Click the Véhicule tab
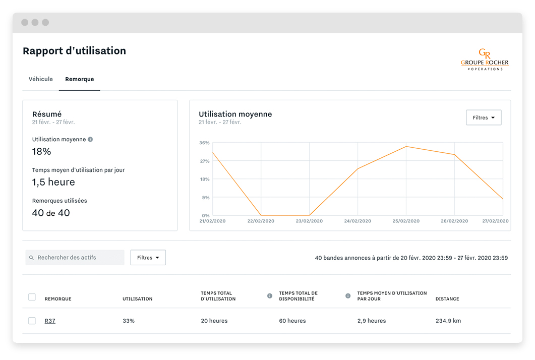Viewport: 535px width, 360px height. click(40, 79)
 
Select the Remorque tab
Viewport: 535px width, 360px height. click(80, 79)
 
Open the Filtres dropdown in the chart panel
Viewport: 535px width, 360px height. click(484, 117)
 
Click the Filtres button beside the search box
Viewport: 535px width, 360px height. click(148, 258)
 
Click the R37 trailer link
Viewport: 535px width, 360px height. click(50, 321)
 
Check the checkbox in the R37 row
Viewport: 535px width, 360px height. click(32, 321)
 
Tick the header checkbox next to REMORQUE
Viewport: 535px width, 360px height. click(32, 297)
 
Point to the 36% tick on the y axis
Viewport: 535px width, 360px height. click(204, 143)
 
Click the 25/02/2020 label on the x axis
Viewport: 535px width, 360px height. click(406, 221)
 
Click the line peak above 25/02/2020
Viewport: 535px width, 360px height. click(406, 147)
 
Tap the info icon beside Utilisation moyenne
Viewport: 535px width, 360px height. click(90, 139)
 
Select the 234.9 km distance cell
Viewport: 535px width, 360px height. click(448, 321)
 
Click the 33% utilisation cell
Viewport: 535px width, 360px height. click(129, 321)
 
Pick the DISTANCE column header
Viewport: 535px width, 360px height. click(447, 299)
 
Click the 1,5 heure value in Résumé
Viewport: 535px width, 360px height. click(53, 182)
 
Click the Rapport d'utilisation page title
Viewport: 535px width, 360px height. click(74, 51)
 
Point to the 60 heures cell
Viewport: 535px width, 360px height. click(292, 321)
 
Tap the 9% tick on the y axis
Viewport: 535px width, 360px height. click(205, 197)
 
